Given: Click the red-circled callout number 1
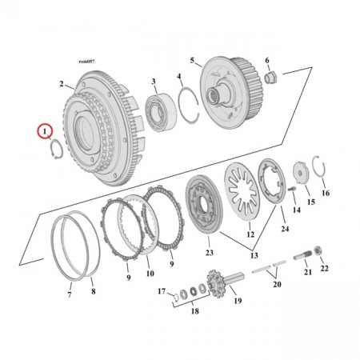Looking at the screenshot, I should pos(46,129).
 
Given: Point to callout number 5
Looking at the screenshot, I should pos(192,61).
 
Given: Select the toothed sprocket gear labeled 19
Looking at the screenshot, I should pos(214,284).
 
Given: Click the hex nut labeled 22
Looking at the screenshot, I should pos(319,253).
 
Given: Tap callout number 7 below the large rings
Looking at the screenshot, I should pos(70,295).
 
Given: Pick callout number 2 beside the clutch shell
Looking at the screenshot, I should pos(62,83).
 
